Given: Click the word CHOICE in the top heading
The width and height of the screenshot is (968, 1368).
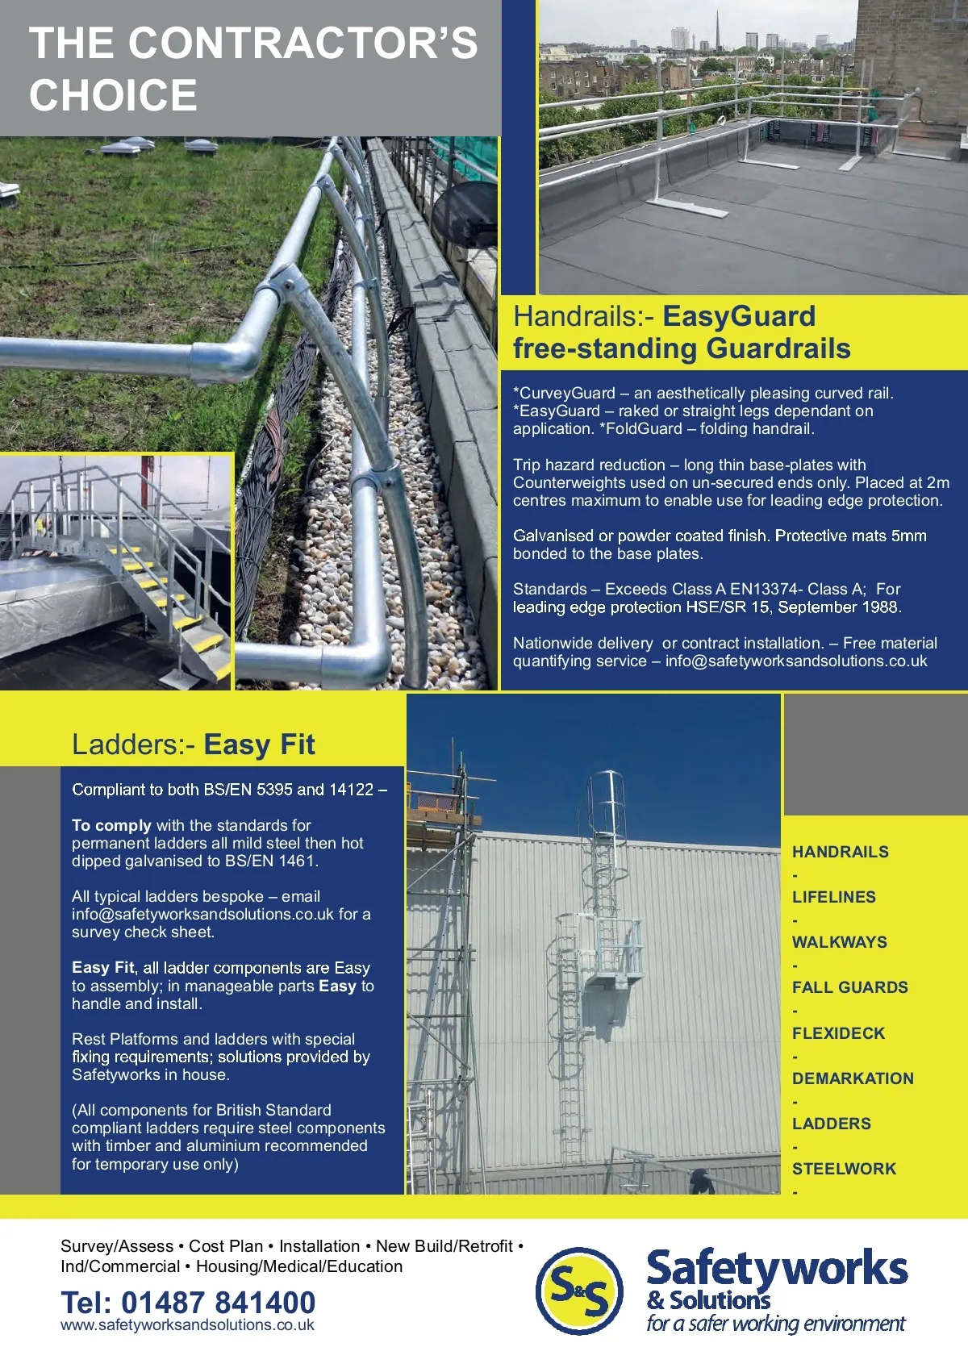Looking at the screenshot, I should (113, 95).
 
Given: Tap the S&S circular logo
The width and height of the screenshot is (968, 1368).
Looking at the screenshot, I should (580, 1290).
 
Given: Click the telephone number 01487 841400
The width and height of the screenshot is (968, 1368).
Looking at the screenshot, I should (218, 1302).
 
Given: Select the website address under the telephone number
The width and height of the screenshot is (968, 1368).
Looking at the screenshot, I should (187, 1325).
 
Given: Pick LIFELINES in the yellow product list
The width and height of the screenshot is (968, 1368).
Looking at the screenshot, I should (833, 897).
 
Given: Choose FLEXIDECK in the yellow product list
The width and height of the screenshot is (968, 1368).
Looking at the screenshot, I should (838, 1033).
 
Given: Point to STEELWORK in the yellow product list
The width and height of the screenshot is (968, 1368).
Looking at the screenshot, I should (844, 1169).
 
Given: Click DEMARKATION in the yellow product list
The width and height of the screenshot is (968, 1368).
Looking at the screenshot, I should (853, 1078).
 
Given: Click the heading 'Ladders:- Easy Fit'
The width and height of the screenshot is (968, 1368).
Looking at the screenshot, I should (193, 744).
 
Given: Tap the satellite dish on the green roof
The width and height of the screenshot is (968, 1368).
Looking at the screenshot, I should (465, 211).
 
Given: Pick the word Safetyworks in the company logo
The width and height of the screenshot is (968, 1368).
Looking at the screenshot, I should (777, 1269).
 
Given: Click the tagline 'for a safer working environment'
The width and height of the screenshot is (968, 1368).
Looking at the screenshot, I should (775, 1324).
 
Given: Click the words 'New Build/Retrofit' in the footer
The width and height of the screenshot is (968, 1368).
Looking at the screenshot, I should (444, 1246).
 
